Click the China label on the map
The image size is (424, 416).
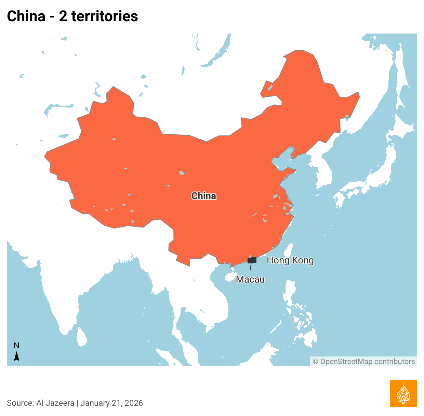[x=204, y=196]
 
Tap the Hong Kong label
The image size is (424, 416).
[x=290, y=260]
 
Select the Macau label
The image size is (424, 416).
[x=250, y=279]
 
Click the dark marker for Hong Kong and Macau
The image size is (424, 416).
[x=252, y=260]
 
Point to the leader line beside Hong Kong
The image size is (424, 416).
[x=261, y=260]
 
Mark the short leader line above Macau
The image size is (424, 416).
[x=250, y=268]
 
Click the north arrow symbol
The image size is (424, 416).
[x=16, y=356]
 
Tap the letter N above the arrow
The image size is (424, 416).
[x=16, y=346]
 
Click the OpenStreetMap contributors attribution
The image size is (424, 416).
[x=364, y=362]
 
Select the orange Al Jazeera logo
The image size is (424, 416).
[x=403, y=393]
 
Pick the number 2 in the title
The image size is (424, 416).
[x=63, y=16]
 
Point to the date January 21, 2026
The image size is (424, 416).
[x=112, y=403]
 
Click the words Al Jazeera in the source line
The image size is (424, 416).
[x=55, y=403]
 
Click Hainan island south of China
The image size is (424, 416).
[x=229, y=277]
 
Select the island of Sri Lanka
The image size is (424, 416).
[x=82, y=337]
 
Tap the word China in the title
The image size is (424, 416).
[x=26, y=16]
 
